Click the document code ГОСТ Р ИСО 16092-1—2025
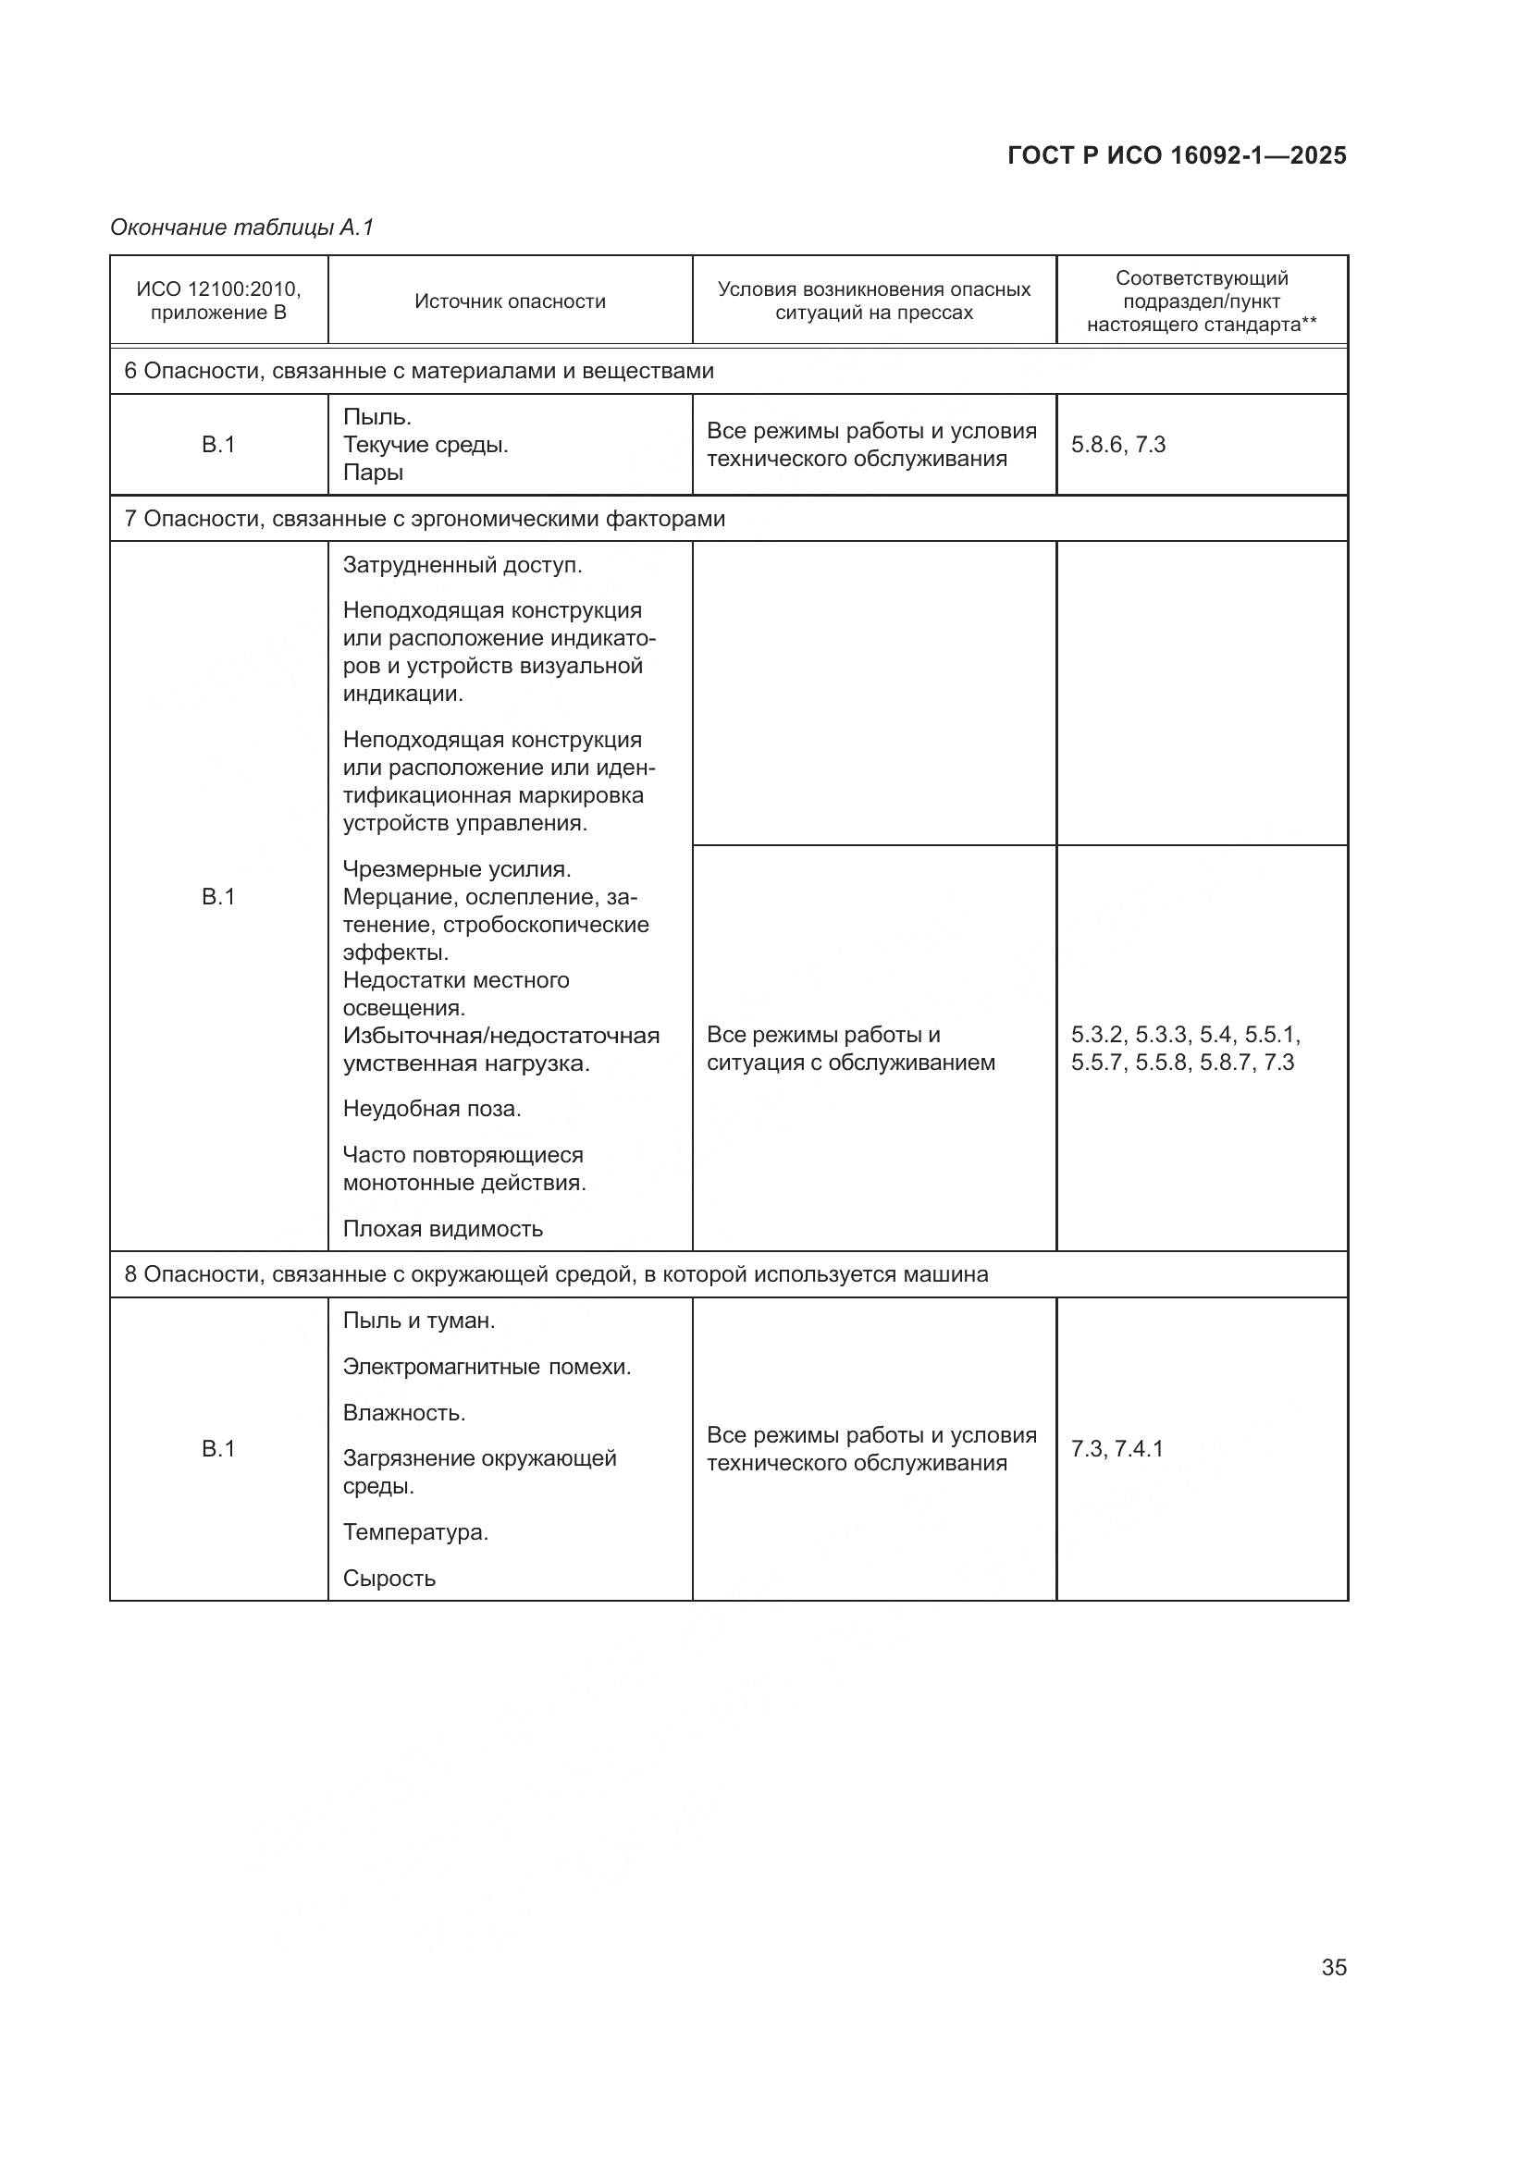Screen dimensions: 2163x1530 1177,155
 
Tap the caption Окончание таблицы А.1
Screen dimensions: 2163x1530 242,227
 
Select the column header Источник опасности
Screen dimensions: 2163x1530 510,301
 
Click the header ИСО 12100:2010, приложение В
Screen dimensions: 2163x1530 218,301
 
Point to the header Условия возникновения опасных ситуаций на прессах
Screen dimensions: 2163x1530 873,301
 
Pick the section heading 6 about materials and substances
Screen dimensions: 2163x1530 419,371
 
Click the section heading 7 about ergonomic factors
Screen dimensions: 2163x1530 425,519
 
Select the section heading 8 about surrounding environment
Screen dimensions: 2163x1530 556,1274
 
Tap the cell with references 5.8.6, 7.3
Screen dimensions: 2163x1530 1118,445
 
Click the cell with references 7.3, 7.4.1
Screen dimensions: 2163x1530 1117,1449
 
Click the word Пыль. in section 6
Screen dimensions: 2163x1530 376,416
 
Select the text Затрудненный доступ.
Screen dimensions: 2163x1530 462,565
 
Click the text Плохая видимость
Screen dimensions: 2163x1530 443,1228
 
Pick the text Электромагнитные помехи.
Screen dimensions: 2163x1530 487,1367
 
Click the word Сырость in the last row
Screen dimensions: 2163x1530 389,1578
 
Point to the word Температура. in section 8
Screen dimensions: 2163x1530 415,1531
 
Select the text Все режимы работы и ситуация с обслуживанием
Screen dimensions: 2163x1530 850,1049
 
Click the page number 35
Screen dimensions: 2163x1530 1333,1967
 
